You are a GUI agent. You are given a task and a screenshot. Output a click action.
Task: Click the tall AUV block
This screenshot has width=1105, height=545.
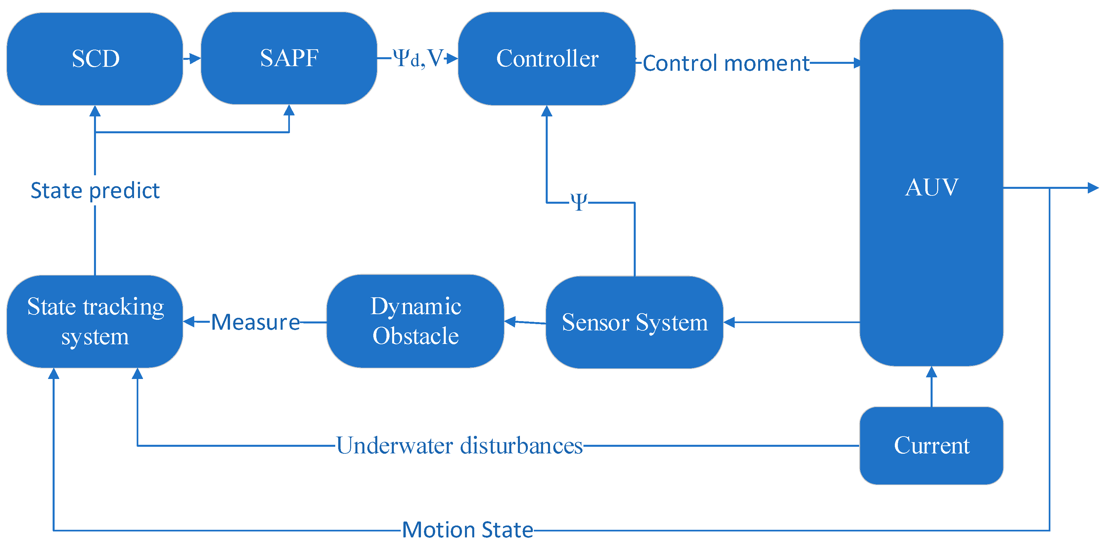tap(931, 188)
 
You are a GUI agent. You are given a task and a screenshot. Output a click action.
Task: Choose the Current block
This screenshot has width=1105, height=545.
tap(931, 445)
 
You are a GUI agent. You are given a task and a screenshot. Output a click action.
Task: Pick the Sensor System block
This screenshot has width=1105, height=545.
tap(634, 322)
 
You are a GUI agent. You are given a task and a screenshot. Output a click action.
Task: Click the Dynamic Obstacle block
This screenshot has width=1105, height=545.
tap(415, 321)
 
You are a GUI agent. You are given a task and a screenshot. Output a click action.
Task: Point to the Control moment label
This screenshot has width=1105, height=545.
tap(726, 63)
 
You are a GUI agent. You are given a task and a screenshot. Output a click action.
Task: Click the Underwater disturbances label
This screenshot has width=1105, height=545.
tap(459, 445)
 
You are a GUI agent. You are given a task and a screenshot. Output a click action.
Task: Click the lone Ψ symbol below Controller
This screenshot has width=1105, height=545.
tap(579, 201)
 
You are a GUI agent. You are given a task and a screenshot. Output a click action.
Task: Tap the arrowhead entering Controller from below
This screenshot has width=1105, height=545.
tap(546, 111)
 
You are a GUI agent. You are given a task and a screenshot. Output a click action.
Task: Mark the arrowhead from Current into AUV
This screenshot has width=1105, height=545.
tap(931, 372)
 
